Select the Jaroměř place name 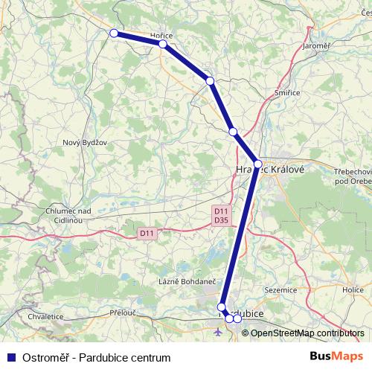[316, 45]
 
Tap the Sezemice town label [282, 289]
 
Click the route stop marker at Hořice [162, 44]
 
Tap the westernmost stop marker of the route [114, 33]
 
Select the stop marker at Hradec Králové [257, 164]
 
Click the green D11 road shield [147, 234]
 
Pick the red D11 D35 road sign [220, 215]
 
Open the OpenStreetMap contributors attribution [307, 333]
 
